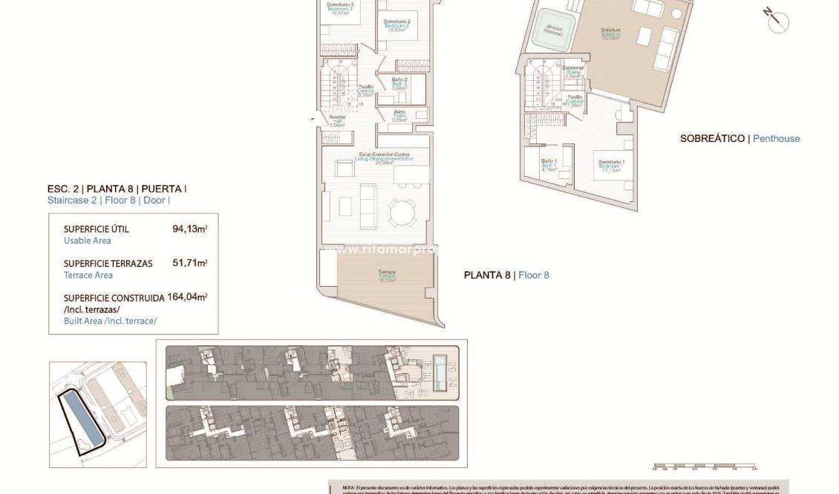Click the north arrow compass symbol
coord(774,19)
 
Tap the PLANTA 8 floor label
coord(488,275)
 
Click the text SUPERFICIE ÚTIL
coord(96,229)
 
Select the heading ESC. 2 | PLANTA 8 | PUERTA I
coord(117,189)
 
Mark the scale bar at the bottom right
coord(703,468)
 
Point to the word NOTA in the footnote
coord(349,487)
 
